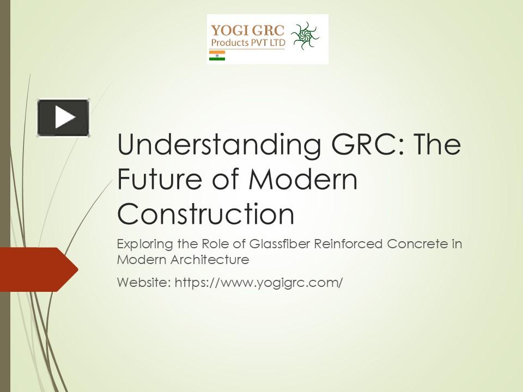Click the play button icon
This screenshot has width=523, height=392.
63,117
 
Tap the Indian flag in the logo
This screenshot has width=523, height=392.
217,56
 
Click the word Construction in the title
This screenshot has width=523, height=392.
205,214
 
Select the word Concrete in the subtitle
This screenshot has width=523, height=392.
417,243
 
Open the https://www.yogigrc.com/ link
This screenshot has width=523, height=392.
258,283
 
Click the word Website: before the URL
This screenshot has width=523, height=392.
143,283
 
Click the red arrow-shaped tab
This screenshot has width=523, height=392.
38,269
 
